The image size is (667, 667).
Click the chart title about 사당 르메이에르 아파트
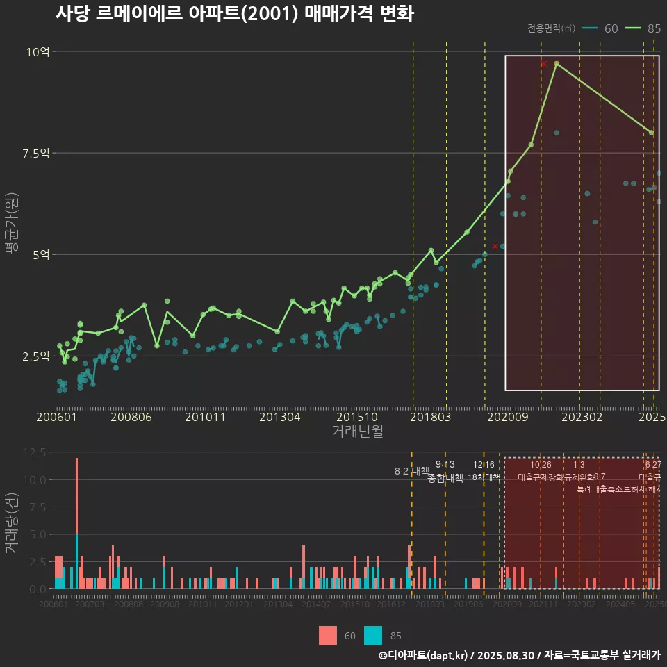pos(234,14)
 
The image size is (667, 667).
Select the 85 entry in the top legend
pos(643,28)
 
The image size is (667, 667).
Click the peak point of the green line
pos(557,63)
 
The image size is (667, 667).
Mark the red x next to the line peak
pos(544,64)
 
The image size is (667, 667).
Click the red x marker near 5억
pos(495,246)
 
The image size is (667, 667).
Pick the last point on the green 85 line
pos(651,132)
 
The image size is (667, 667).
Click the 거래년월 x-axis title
pos(357,431)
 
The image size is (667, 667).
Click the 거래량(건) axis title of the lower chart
pos(12,523)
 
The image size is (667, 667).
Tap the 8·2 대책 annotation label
pos(411,471)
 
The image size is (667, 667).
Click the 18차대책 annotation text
pos(484,477)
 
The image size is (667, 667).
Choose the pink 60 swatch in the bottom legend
pos(328,635)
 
